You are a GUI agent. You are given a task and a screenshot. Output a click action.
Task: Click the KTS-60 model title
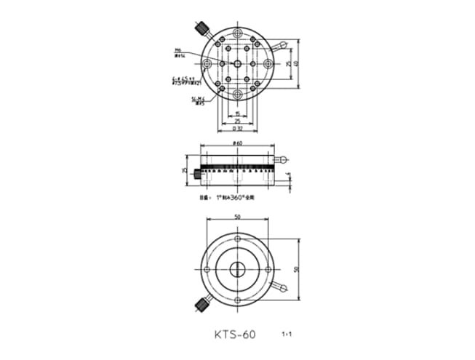[x=235, y=335]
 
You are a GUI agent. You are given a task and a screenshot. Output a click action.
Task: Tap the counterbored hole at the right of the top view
[x=268, y=65]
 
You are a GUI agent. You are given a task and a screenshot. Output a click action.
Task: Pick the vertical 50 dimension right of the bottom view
[x=296, y=268]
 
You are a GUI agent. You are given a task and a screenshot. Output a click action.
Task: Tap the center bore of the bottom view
[x=238, y=268]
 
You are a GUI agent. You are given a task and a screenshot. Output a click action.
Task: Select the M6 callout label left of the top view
[x=177, y=52]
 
